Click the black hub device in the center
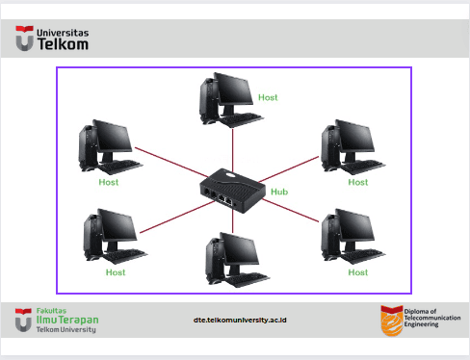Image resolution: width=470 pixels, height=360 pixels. pyautogui.click(x=233, y=191)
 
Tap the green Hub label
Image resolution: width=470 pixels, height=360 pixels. pyautogui.click(x=279, y=192)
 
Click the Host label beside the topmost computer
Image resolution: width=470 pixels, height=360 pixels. pyautogui.click(x=268, y=97)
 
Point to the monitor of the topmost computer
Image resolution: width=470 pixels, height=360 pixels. pyautogui.click(x=233, y=89)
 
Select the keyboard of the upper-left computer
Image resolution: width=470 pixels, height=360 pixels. pyautogui.click(x=120, y=167)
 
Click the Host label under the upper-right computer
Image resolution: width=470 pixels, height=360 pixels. pyautogui.click(x=358, y=182)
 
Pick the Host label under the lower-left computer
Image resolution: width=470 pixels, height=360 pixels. pyautogui.click(x=116, y=272)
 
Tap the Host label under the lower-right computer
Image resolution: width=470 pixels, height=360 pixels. pyautogui.click(x=358, y=272)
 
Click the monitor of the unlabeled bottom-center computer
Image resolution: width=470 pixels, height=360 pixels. pyautogui.click(x=239, y=249)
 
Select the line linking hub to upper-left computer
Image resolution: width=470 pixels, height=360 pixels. pyautogui.click(x=171, y=163)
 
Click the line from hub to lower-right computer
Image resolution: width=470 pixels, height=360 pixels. pyautogui.click(x=291, y=210)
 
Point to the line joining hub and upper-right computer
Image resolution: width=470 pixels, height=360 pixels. pyautogui.click(x=289, y=169)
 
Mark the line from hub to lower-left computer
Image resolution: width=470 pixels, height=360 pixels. pyautogui.click(x=177, y=218)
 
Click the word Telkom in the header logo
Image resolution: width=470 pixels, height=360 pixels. pyautogui.click(x=63, y=44)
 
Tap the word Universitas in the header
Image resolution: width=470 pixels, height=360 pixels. pyautogui.click(x=63, y=33)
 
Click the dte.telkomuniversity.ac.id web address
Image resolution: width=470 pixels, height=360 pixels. pyautogui.click(x=240, y=321)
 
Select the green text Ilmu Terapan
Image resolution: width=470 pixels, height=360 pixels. pyautogui.click(x=67, y=320)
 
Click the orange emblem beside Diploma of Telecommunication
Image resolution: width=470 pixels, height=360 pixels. pyautogui.click(x=392, y=321)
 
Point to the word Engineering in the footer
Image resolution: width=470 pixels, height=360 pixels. pyautogui.click(x=421, y=324)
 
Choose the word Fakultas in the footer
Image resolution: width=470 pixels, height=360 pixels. pyautogui.click(x=51, y=311)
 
